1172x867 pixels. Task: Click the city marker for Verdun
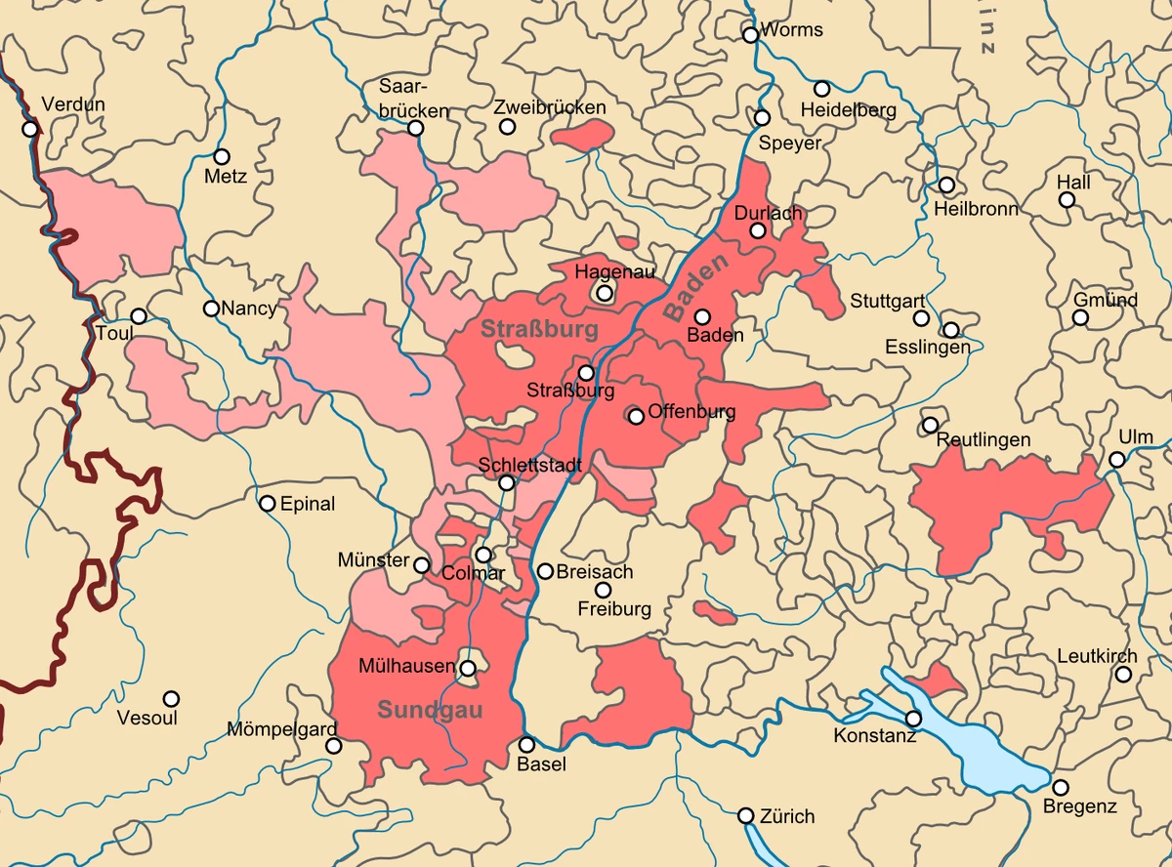point(30,128)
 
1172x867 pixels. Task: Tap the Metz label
point(226,177)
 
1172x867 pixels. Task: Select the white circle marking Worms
point(750,35)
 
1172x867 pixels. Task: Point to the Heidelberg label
point(848,110)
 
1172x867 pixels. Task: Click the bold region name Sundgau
point(430,710)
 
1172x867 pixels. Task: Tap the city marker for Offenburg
point(636,416)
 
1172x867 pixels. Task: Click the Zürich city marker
point(745,815)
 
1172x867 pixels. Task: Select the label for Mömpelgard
point(281,729)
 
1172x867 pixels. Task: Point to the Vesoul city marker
point(171,699)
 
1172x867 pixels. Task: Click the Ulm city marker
point(1117,460)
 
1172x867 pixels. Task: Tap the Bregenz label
point(1079,807)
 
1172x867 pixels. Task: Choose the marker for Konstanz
point(913,719)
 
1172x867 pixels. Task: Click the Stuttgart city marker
point(920,318)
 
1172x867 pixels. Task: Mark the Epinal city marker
point(267,504)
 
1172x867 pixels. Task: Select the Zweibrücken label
point(550,107)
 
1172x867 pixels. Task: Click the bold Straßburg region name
point(539,330)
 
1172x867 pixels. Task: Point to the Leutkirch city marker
point(1124,675)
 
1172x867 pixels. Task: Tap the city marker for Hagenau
point(605,292)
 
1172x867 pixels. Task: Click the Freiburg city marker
point(603,590)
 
